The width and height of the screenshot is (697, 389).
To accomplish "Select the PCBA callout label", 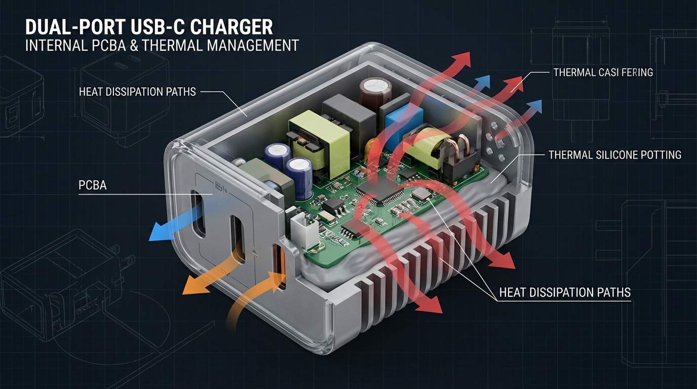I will pyautogui.click(x=93, y=185).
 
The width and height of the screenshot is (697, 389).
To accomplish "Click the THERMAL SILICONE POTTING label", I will pyautogui.click(x=615, y=154).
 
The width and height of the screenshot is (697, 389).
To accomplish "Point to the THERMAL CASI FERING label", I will pyautogui.click(x=603, y=72).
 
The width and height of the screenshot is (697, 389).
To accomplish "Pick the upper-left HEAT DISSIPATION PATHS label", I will pyautogui.click(x=137, y=92).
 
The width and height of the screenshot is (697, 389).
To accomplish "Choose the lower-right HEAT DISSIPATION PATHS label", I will pyautogui.click(x=565, y=292).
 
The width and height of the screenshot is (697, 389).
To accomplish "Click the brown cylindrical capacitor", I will pyautogui.click(x=375, y=91).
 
